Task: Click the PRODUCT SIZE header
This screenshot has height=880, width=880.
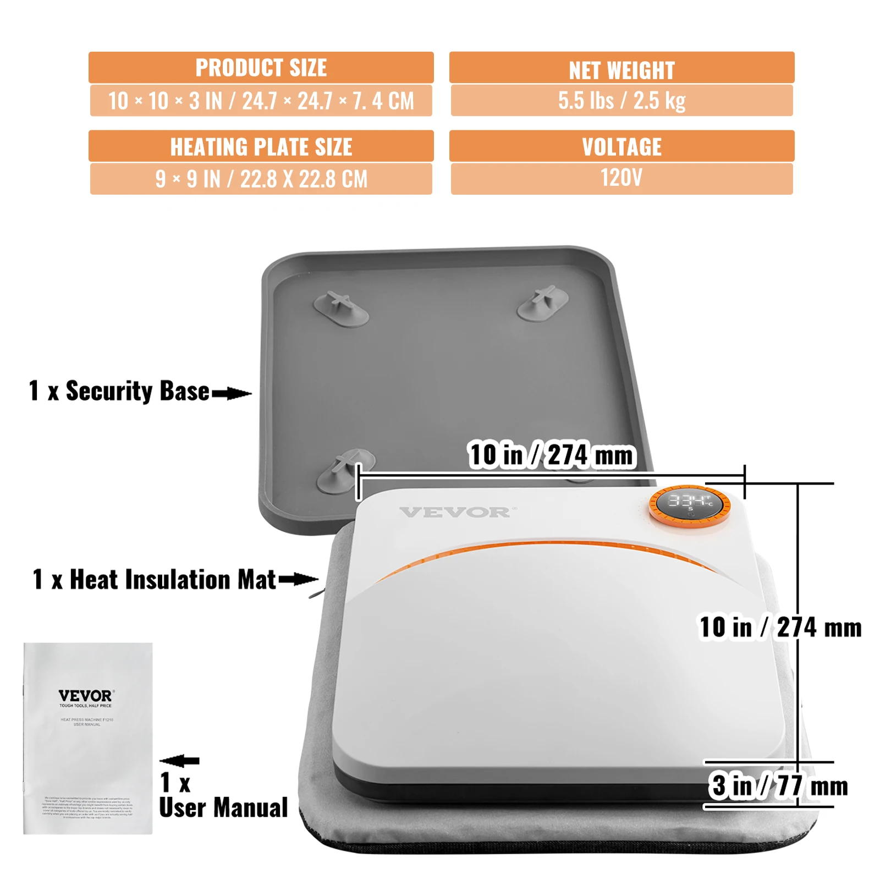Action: coord(261,68)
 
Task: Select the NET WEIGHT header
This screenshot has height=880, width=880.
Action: coord(621,69)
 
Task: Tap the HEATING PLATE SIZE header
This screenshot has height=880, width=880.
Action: coord(261,146)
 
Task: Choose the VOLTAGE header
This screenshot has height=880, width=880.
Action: coord(621,146)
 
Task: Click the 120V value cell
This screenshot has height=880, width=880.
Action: coord(621,178)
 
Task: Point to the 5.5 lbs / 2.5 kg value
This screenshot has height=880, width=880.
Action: coord(621,100)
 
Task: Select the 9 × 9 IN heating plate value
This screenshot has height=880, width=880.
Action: coord(261,179)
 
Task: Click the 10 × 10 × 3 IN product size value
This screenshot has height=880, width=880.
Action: coord(261,101)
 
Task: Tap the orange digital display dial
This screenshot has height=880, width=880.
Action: coord(690,505)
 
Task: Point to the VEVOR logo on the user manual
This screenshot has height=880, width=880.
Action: coord(85,696)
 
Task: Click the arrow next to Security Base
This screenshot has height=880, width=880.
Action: coord(232,393)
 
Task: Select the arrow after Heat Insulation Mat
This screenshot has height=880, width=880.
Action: coord(298,579)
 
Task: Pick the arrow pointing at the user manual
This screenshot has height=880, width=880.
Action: coord(179,761)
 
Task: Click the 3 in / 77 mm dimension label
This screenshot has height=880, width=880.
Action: coord(778,785)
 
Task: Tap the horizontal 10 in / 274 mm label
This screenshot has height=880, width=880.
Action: coord(552,455)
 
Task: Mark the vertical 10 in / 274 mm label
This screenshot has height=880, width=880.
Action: coord(780,627)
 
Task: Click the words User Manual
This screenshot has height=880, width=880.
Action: coord(223,807)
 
